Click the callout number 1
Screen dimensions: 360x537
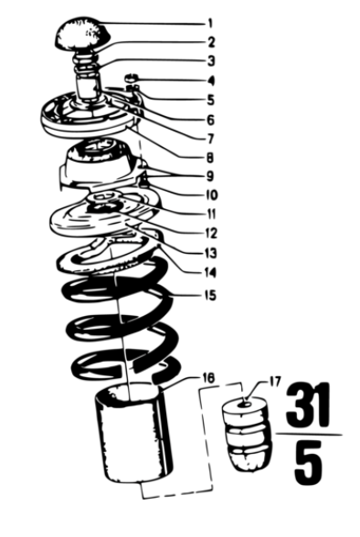coord(210,24)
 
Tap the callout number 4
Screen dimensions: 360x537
coord(211,81)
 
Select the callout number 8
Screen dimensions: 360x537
coord(210,158)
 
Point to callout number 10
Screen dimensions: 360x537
coord(211,195)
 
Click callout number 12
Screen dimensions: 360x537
coord(211,234)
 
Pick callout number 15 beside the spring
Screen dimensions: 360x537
coord(211,295)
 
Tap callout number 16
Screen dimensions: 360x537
coord(208,378)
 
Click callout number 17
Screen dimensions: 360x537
coord(275,381)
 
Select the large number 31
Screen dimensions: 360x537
coord(307,405)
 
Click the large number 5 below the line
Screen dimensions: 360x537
coord(308,463)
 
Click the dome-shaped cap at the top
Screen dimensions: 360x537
coord(81,33)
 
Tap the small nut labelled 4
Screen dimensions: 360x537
coord(131,78)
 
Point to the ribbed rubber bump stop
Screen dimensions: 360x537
coord(248,434)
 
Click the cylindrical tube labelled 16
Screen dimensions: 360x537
coord(132,433)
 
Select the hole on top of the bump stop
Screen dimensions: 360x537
coord(248,404)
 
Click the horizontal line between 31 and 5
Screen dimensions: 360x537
coord(309,435)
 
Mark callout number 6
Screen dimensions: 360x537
coord(211,120)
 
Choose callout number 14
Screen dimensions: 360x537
coord(211,272)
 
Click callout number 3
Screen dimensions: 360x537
coord(211,61)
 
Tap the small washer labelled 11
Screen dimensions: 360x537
coord(103,196)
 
